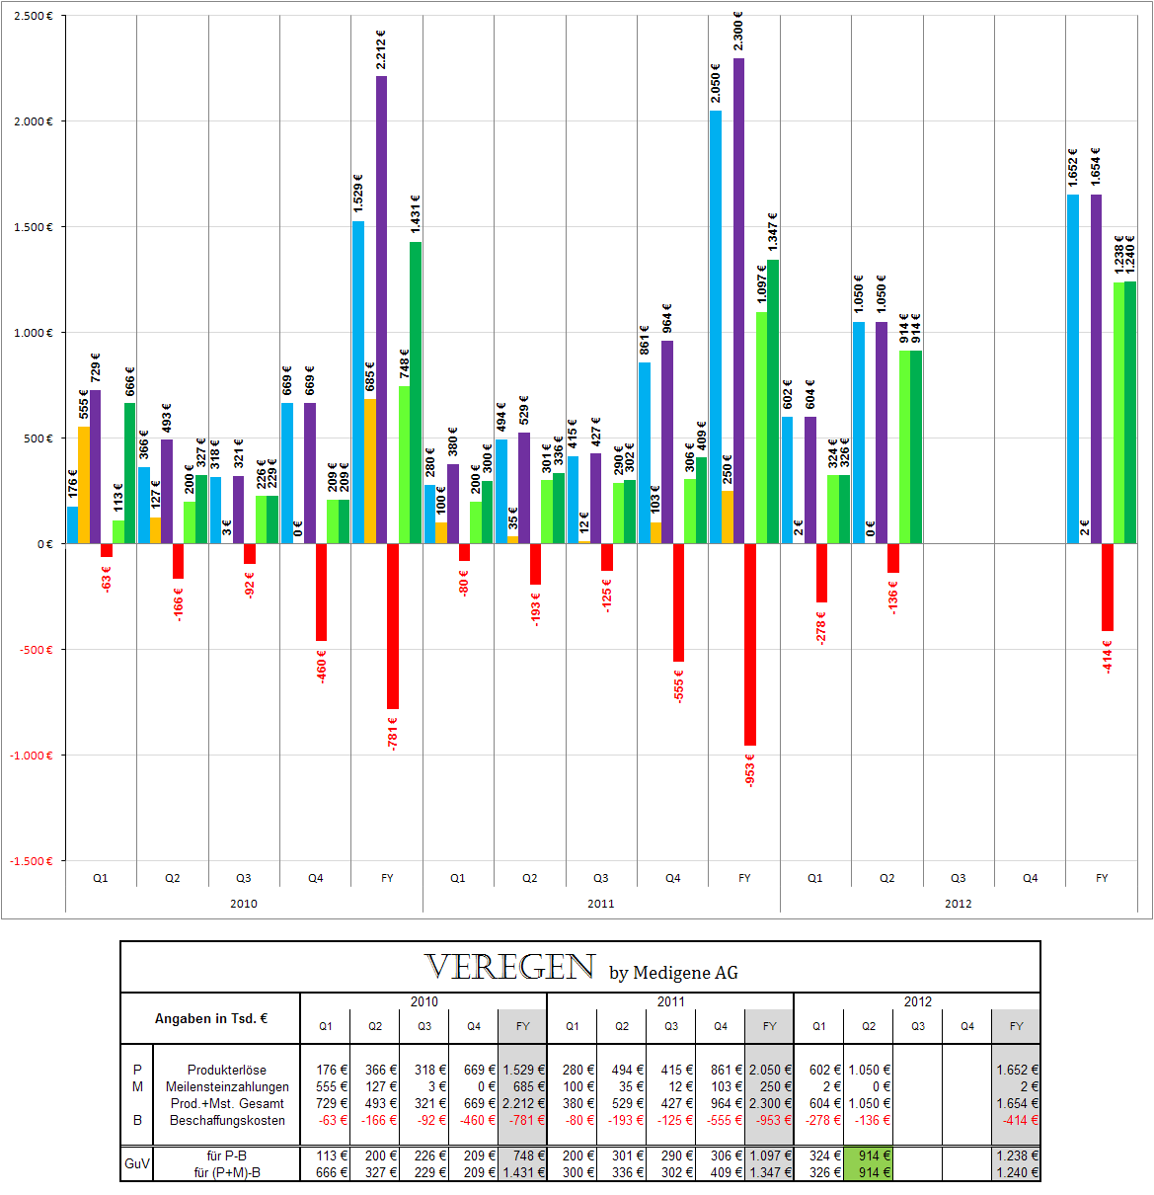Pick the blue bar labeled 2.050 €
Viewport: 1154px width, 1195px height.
pos(716,326)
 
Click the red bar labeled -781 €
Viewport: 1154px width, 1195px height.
pos(393,626)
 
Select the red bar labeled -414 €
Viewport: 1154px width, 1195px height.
pos(1108,587)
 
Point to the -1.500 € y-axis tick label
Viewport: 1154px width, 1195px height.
pos(32,861)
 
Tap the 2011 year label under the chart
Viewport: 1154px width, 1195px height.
pos(600,904)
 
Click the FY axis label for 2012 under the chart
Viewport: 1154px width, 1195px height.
pos(1102,878)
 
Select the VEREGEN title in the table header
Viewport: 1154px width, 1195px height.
pos(510,967)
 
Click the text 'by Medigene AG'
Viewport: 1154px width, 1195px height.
pos(673,973)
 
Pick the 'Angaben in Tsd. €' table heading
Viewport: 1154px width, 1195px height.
pos(211,1018)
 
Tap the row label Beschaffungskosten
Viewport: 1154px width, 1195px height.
pos(227,1120)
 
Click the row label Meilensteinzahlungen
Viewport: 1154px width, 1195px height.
pos(227,1086)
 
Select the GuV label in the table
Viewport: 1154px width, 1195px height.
pos(137,1163)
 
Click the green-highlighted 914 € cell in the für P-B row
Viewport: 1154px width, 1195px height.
pos(869,1155)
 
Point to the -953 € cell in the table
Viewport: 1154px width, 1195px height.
pos(769,1120)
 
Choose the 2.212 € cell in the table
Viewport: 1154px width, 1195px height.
pos(523,1103)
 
